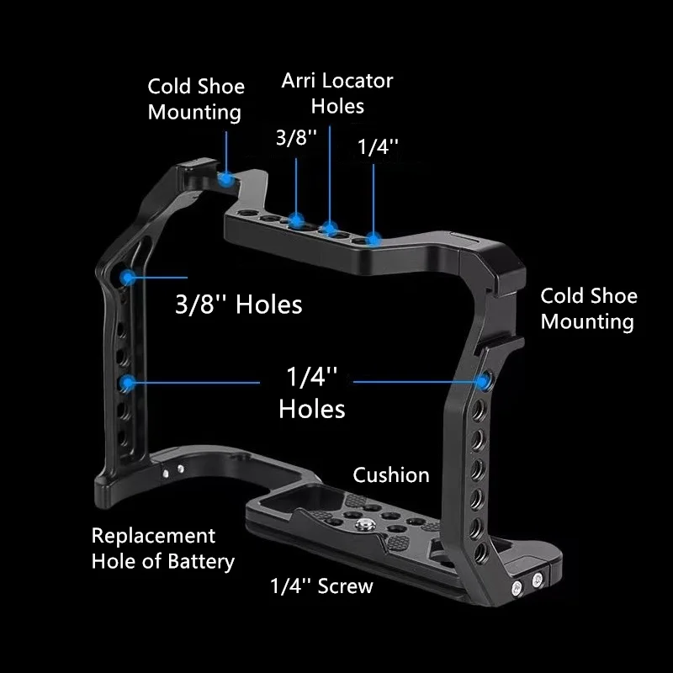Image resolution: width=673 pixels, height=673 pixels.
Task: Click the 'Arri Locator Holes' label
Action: click(337, 93)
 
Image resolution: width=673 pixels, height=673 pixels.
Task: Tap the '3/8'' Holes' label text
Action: click(239, 305)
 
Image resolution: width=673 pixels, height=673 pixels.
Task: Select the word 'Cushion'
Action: click(391, 475)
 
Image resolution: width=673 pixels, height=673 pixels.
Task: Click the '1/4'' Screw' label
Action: click(321, 586)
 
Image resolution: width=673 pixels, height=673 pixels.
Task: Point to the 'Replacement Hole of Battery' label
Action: click(163, 549)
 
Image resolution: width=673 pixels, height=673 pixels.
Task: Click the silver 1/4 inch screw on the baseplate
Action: click(362, 524)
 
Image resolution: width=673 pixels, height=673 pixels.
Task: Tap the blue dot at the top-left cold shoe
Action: click(225, 178)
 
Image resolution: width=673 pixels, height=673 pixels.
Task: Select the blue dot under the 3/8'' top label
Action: click(296, 221)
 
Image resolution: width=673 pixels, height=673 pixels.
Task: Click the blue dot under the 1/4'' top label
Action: click(374, 240)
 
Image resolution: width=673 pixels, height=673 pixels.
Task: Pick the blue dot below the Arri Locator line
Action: click(330, 228)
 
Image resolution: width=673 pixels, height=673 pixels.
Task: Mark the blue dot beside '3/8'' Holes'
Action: click(128, 278)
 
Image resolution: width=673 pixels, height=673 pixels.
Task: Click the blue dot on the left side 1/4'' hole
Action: click(127, 383)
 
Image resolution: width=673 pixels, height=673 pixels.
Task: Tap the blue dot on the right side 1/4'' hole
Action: click(483, 382)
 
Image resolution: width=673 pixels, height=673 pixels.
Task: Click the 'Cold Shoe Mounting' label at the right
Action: click(589, 309)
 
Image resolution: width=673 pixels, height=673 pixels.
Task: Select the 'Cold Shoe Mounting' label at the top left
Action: click(196, 99)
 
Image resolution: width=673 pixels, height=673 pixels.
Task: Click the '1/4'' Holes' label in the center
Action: click(312, 392)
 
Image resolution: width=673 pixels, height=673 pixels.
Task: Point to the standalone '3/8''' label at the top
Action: click(296, 137)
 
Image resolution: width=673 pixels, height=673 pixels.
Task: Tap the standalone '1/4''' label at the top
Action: click(378, 146)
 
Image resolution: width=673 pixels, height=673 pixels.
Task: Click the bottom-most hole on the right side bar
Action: click(480, 553)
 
